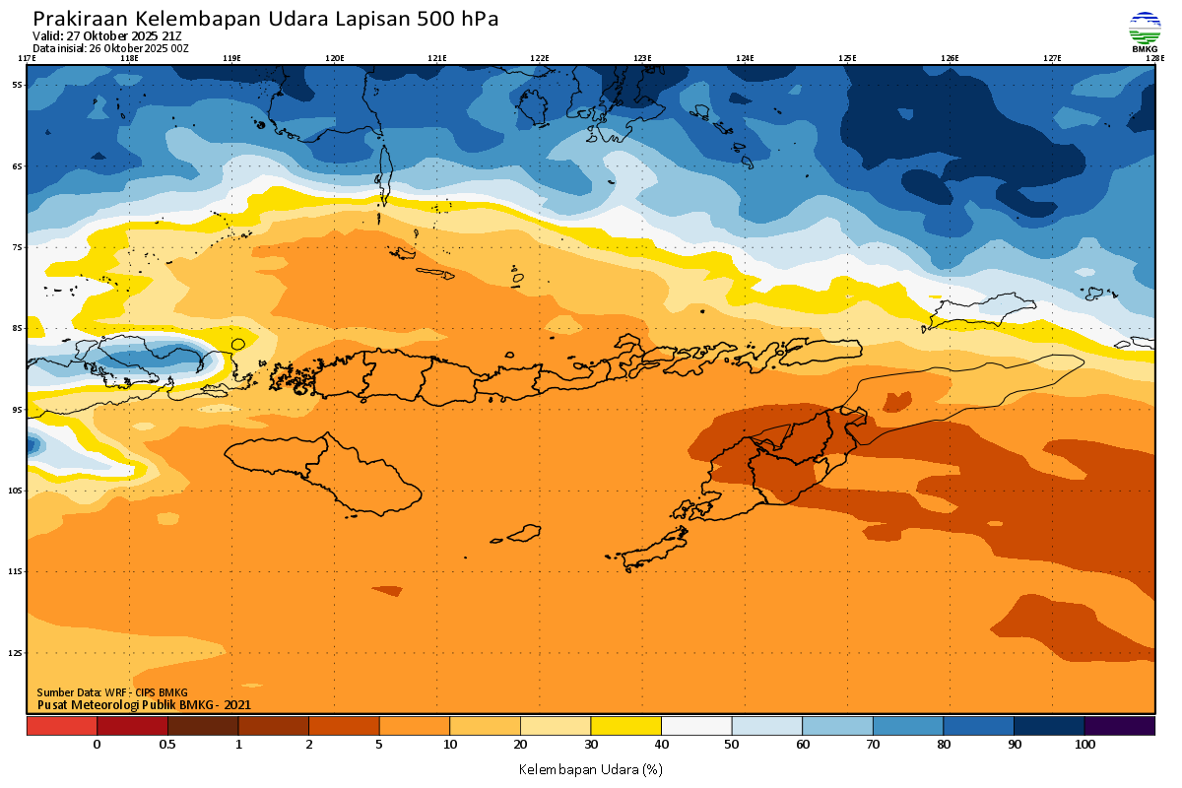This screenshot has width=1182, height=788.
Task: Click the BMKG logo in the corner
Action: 1145,32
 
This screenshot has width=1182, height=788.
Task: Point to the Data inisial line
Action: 110,48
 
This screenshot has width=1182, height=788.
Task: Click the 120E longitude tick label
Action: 334,58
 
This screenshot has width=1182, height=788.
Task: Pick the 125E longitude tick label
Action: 847,58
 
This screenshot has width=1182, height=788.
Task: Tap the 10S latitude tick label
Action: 17,491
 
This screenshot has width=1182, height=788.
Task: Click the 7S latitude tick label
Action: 17,247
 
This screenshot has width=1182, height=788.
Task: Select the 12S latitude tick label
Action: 17,653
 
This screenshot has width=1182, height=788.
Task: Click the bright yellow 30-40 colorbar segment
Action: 625,726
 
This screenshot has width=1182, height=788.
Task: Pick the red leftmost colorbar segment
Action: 61,726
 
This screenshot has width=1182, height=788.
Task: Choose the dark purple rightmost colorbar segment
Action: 1119,726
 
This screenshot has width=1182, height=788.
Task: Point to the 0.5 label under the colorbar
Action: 167,746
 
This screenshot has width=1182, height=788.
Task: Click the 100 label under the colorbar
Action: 1084,746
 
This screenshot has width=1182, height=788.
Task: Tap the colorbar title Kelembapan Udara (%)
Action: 591,768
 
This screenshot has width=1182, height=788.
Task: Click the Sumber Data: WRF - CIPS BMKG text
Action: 112,692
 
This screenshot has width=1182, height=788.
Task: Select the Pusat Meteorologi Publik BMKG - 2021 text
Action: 144,704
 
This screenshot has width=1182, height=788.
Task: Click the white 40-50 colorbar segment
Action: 696,726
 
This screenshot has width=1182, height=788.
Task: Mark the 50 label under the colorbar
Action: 732,746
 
